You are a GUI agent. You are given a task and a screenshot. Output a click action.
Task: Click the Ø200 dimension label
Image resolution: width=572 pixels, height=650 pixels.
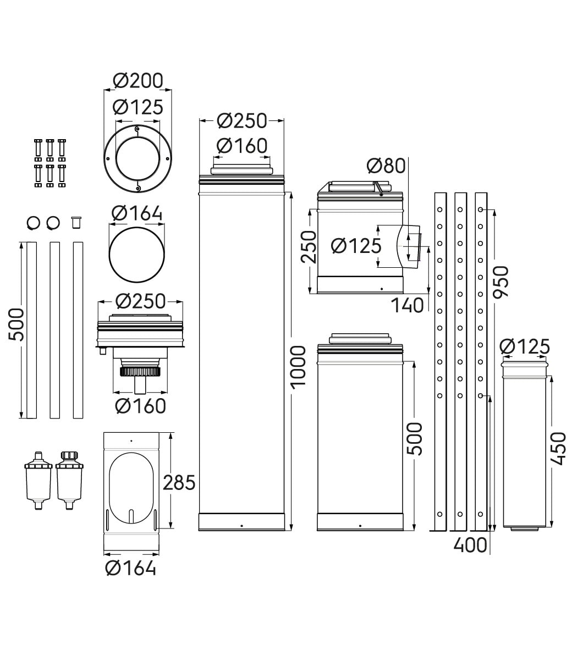click(138, 80)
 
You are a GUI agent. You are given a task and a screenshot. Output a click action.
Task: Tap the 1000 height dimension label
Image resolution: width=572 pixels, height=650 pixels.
click(299, 367)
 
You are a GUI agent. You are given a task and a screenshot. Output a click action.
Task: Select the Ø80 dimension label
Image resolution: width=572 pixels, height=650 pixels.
click(386, 166)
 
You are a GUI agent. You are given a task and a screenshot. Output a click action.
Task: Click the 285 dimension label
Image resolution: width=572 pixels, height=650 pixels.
click(179, 482)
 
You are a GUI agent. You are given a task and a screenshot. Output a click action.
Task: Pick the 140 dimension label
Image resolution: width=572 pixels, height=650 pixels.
click(408, 306)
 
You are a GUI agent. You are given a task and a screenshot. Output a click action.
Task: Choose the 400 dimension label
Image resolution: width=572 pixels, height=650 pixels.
click(470, 545)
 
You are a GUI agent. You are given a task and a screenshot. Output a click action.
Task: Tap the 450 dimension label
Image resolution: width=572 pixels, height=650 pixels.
click(559, 449)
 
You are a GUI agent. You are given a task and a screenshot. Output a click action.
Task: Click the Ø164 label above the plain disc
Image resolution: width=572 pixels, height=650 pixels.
click(137, 213)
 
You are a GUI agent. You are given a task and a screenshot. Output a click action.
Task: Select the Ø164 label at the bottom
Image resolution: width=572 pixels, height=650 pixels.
click(130, 568)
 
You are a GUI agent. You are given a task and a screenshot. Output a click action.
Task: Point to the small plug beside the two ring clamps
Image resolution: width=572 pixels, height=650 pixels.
click(76, 223)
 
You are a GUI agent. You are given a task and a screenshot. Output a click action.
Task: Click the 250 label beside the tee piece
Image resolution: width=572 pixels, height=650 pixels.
click(309, 247)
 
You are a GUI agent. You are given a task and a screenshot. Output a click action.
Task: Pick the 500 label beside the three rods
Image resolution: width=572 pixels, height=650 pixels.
click(16, 324)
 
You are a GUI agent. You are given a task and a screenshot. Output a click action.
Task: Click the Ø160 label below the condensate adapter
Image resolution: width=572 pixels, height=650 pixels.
click(140, 406)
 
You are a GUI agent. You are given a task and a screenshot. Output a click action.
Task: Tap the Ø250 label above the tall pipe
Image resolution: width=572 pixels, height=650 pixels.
click(242, 120)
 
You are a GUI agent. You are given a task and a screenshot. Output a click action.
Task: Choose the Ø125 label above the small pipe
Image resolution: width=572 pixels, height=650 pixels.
click(525, 346)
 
